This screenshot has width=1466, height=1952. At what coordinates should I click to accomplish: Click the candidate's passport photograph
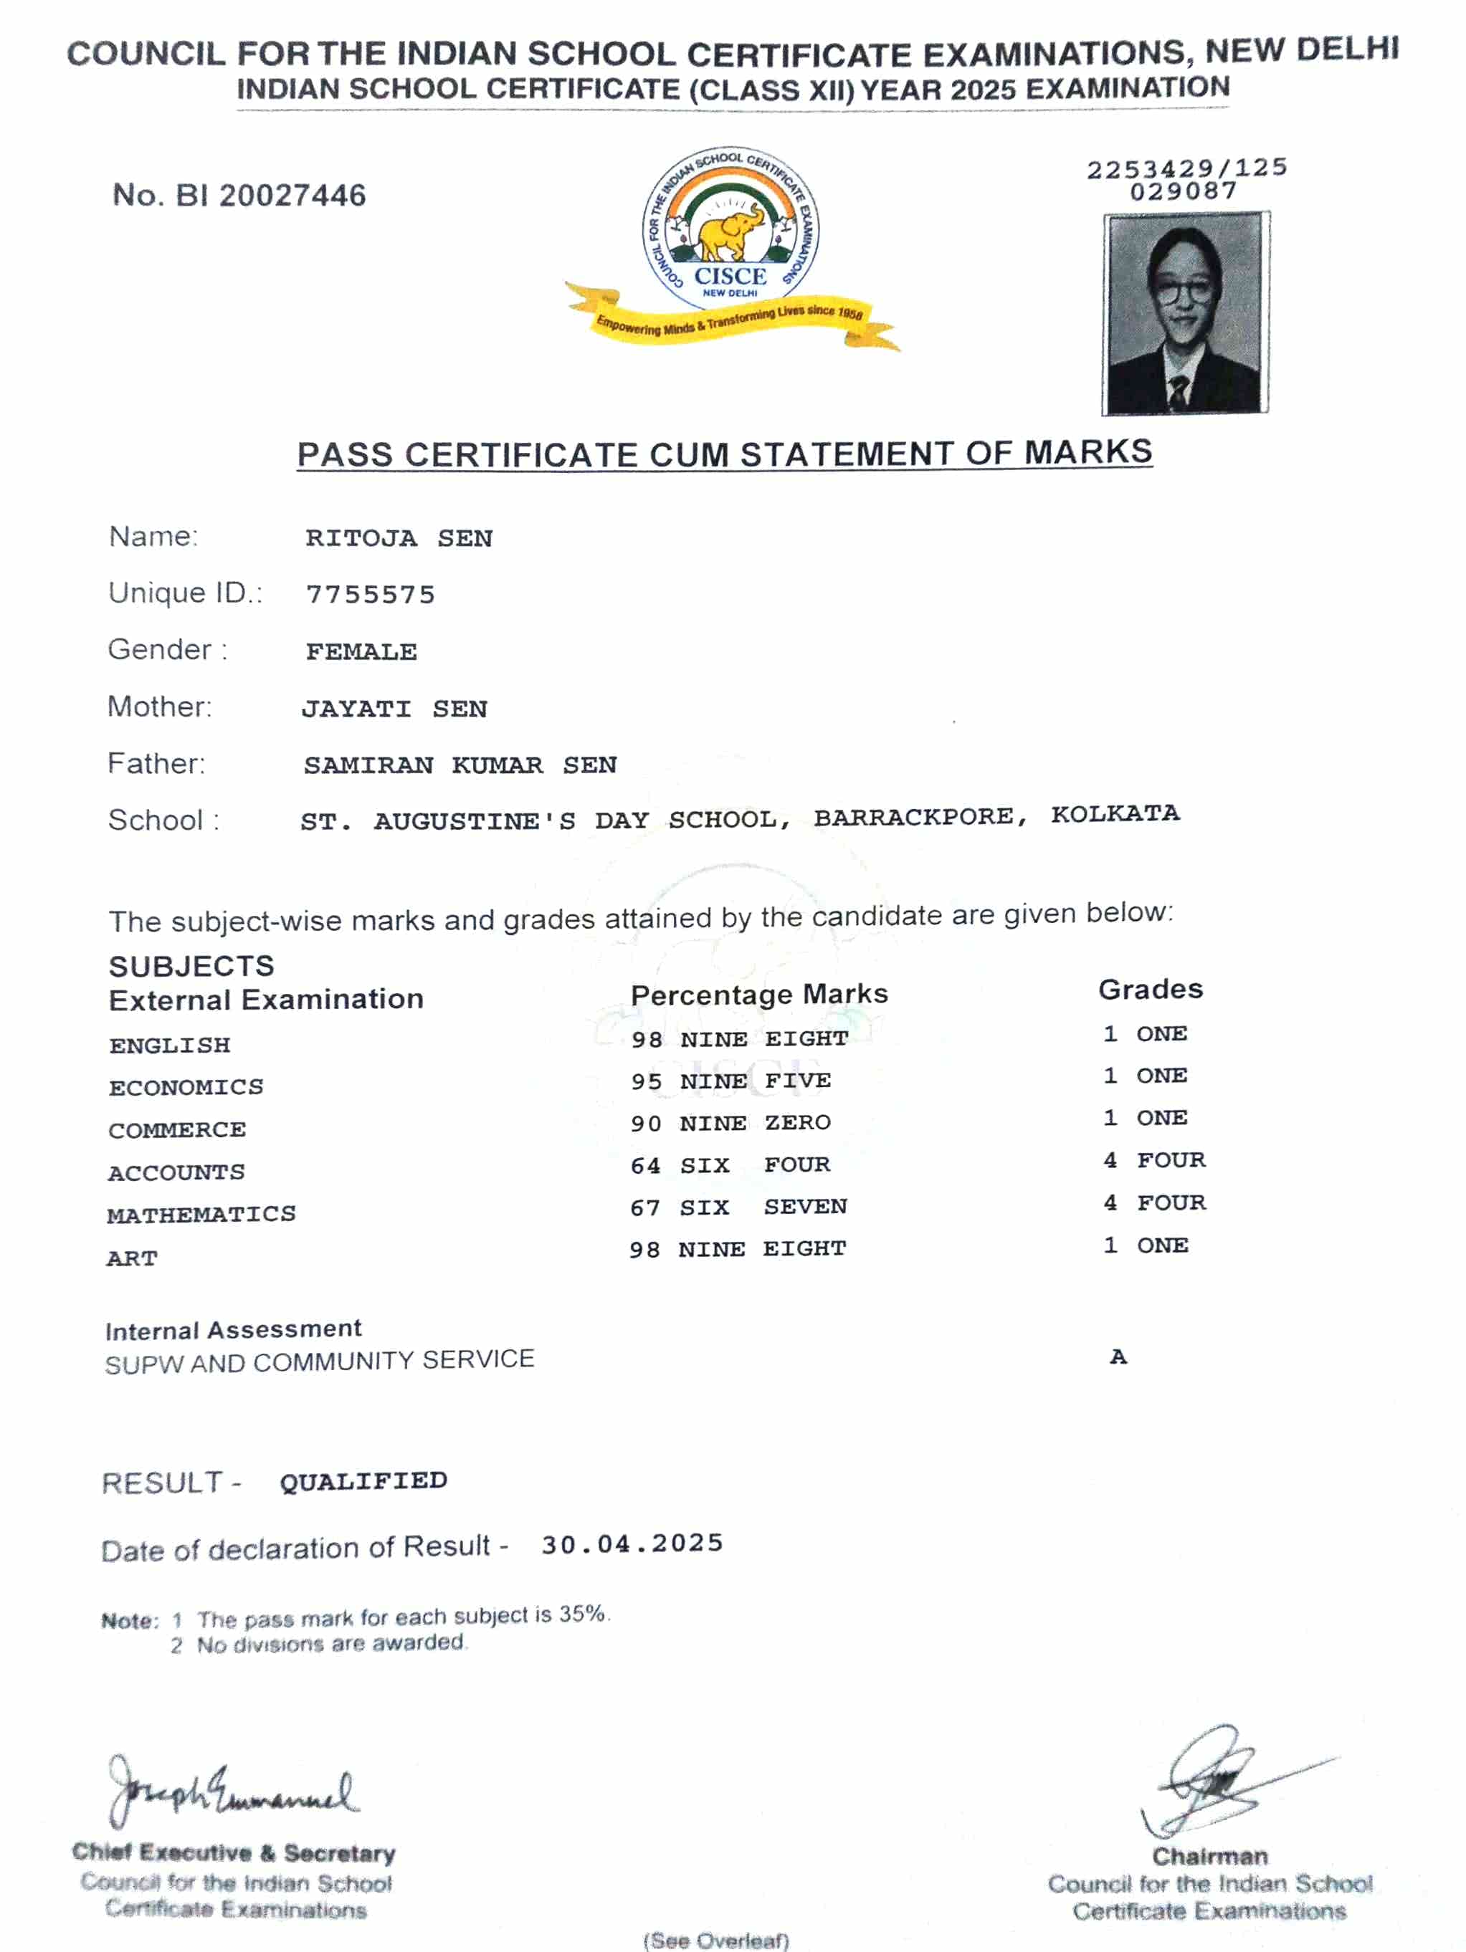click(x=1184, y=313)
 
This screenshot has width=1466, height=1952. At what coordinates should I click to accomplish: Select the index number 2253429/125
click(x=1186, y=168)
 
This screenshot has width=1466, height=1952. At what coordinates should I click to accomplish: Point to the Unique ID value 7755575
click(x=371, y=595)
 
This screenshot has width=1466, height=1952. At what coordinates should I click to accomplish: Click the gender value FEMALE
click(x=361, y=652)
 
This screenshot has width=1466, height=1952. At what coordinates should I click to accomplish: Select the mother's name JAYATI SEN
click(x=394, y=709)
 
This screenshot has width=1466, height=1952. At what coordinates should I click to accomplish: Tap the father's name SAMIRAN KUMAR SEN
click(x=460, y=765)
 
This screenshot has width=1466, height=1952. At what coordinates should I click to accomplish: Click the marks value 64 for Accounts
click(x=645, y=1166)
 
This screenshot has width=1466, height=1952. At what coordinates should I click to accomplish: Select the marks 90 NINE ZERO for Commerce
click(x=730, y=1124)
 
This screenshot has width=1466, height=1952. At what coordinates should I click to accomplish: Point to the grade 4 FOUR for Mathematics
click(x=1153, y=1202)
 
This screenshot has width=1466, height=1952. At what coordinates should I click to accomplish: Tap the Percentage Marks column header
click(x=759, y=995)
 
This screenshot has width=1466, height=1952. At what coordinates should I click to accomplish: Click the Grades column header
click(x=1150, y=989)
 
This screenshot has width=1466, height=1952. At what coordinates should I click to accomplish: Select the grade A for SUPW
click(x=1118, y=1357)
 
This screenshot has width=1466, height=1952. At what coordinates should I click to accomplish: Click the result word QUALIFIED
click(x=363, y=1482)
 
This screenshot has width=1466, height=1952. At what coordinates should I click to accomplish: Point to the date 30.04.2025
click(x=632, y=1544)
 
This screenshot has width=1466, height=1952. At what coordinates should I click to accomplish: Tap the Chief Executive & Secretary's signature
click(x=232, y=1791)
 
